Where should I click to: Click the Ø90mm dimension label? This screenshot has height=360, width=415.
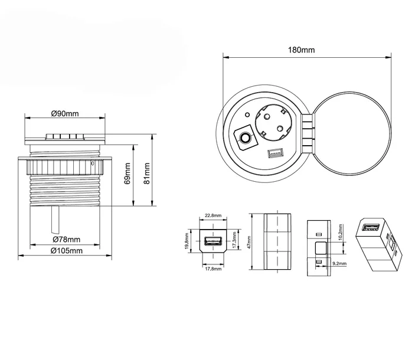(65, 113)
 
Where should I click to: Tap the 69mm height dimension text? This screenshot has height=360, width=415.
(128, 174)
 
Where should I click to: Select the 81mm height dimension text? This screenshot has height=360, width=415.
(146, 174)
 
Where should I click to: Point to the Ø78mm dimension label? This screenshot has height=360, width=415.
(67, 240)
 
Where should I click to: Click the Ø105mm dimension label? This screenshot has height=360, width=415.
(67, 250)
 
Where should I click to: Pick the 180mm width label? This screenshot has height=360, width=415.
(302, 50)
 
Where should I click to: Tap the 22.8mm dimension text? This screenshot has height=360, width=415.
(213, 215)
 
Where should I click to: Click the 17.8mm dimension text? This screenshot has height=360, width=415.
(213, 269)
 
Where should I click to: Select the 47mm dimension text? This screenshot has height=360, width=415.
(249, 243)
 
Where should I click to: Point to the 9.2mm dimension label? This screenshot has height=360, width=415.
(339, 263)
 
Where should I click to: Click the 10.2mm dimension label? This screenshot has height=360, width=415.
(341, 233)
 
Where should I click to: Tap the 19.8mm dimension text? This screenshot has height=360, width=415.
(187, 241)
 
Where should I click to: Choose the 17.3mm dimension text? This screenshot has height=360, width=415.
(234, 240)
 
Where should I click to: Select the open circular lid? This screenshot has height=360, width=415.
(352, 133)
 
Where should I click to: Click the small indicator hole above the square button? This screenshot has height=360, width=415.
(247, 115)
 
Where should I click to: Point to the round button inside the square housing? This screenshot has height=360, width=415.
(244, 138)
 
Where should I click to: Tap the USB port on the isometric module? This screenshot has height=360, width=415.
(371, 227)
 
